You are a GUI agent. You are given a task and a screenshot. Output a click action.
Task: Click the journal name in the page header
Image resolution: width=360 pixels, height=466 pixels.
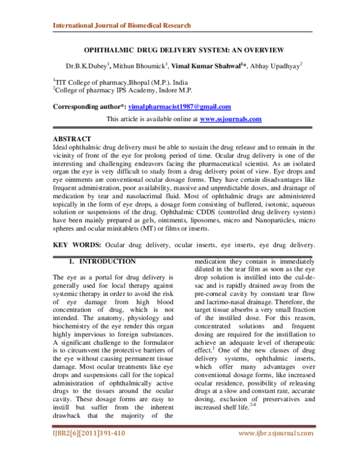click(122, 26)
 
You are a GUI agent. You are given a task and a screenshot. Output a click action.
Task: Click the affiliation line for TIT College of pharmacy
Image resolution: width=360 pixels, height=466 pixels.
click(110, 82)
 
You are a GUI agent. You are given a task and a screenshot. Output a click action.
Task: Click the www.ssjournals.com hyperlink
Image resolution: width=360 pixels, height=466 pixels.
click(230, 119)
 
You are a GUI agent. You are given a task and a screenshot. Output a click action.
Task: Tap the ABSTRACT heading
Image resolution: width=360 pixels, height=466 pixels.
click(72, 139)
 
